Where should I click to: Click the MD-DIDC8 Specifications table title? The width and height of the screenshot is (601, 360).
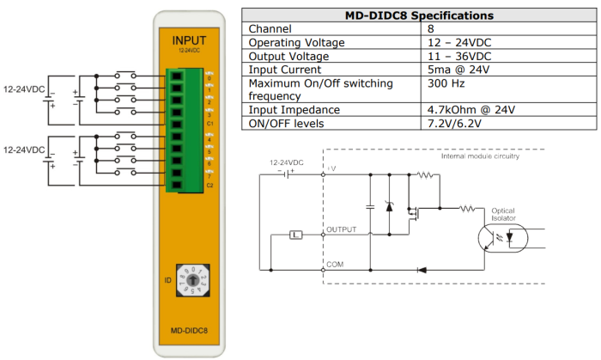pos(419,15)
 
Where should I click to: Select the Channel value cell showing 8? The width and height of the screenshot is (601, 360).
pos(431,28)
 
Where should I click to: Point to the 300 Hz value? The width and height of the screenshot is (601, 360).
pos(445,83)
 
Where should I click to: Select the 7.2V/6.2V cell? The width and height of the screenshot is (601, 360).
pos(454,124)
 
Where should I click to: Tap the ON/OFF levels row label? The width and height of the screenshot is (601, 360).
pos(287,124)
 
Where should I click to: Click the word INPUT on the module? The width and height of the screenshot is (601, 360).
pos(189,40)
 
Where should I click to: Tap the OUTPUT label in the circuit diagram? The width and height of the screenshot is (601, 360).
pos(341,230)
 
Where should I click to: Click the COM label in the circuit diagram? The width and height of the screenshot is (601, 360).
pos(334,265)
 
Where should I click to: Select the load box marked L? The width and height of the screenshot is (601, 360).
pos(296,234)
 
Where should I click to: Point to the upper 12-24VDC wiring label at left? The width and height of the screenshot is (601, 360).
pos(25,89)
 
